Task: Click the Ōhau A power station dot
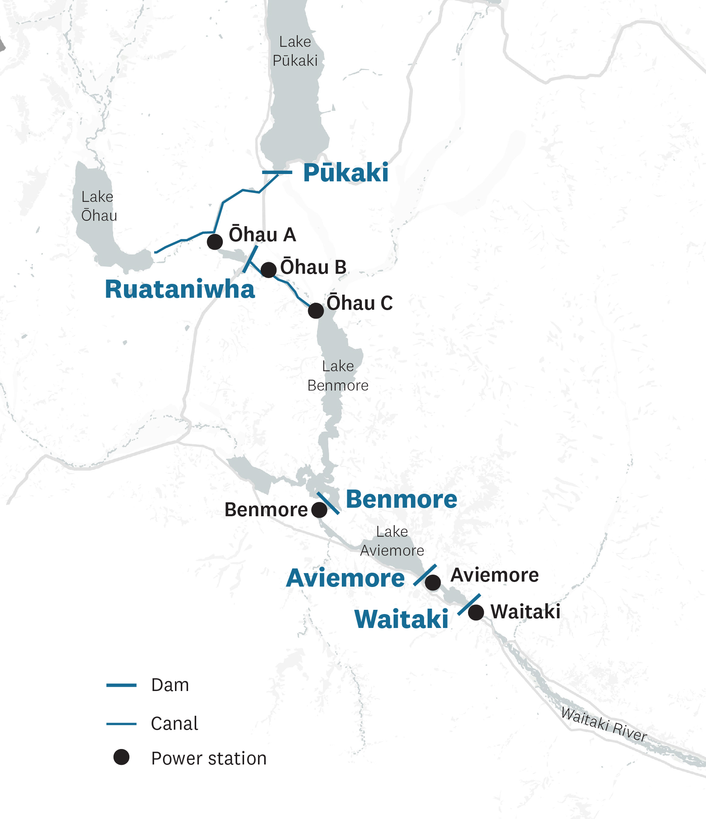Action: coord(214,242)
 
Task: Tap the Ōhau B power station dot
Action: coord(268,270)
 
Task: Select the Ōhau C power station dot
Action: coord(316,311)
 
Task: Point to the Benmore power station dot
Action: coord(319,510)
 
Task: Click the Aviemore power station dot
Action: coord(433,583)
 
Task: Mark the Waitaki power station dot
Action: coord(476,612)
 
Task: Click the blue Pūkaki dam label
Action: coord(346,173)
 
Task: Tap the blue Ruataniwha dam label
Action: coord(180,289)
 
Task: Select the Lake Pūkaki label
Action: coord(295,51)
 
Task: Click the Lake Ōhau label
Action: coord(99,206)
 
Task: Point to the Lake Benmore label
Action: coord(338,376)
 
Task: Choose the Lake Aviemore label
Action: coord(392,541)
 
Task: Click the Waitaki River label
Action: coord(604,724)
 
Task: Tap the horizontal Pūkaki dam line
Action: coord(277,172)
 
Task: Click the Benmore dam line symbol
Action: coord(328,503)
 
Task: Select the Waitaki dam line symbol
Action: coord(469,604)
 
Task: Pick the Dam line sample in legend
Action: coord(121,685)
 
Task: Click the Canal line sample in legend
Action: coord(121,724)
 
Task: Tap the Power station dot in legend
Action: coord(121,758)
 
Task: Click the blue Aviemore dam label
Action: coord(345,578)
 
